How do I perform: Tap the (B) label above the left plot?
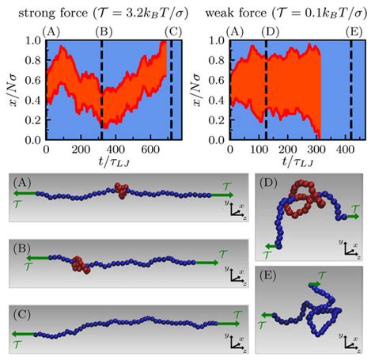tap(103, 32)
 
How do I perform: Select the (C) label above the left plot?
tap(173, 32)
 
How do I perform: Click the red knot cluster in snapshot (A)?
tap(121, 192)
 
